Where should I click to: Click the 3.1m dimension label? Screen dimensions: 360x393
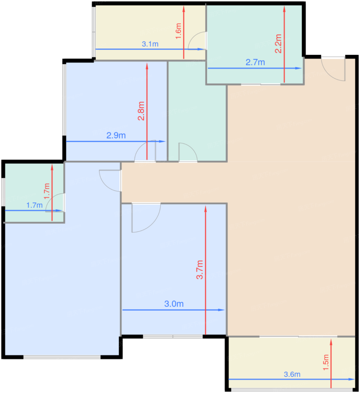click(x=150, y=44)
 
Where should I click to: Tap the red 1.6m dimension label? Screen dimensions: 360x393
click(x=178, y=31)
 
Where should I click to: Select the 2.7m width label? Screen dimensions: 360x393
click(x=255, y=62)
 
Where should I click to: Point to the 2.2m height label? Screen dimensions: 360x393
click(x=278, y=44)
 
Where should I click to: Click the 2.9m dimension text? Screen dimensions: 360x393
click(x=116, y=135)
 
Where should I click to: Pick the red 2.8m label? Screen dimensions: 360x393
click(x=141, y=111)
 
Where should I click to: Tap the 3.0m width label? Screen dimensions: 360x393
click(x=174, y=304)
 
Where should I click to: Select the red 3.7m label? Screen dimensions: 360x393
click(x=200, y=269)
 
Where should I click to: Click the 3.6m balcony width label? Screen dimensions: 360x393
click(x=292, y=374)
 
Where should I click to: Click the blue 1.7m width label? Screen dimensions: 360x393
click(x=34, y=205)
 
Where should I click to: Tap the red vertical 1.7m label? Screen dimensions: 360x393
click(x=47, y=191)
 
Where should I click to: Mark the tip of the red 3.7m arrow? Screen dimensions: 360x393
click(x=206, y=206)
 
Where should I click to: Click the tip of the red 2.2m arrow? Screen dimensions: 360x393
click(x=284, y=6)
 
